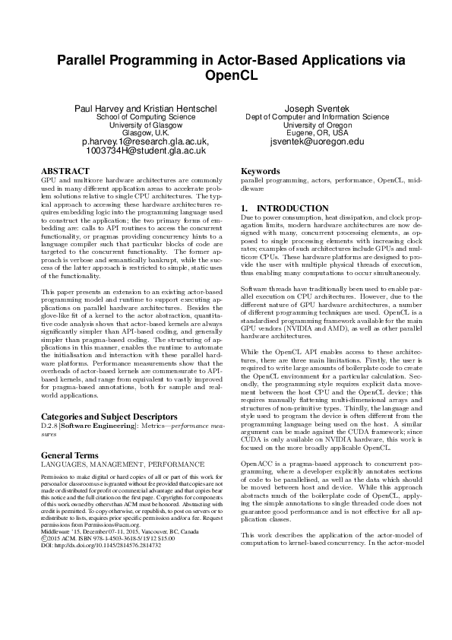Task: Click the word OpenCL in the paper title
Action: tap(226, 76)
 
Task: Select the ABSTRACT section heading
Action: tap(64, 172)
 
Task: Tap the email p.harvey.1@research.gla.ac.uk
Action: tap(145, 141)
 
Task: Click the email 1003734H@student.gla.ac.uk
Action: tap(145, 150)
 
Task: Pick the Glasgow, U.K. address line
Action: tap(145, 133)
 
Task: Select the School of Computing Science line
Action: tap(145, 118)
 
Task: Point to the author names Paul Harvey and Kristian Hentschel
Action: tap(145, 109)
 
